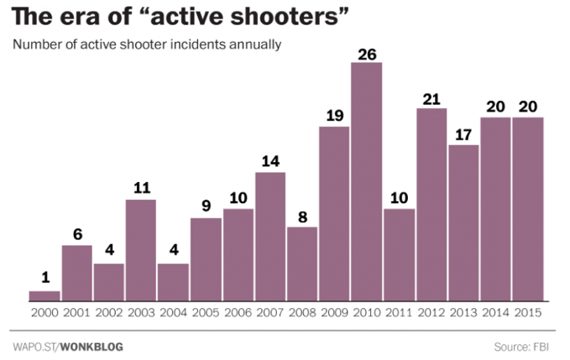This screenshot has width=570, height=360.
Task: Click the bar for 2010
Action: [367, 181]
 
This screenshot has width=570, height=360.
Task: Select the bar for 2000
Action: [44, 295]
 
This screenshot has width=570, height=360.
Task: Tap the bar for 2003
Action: [141, 249]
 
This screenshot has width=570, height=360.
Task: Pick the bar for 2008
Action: [302, 263]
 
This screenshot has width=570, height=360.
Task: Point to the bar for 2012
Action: [431, 204]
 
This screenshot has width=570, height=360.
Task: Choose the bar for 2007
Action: [270, 236]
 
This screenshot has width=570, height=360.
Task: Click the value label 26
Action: [367, 54]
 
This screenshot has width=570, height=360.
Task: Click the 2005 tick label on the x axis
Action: [206, 312]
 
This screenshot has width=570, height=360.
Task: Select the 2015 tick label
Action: [528, 312]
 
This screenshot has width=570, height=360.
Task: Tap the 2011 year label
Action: [399, 312]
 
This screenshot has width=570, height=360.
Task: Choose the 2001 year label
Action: [76, 312]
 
